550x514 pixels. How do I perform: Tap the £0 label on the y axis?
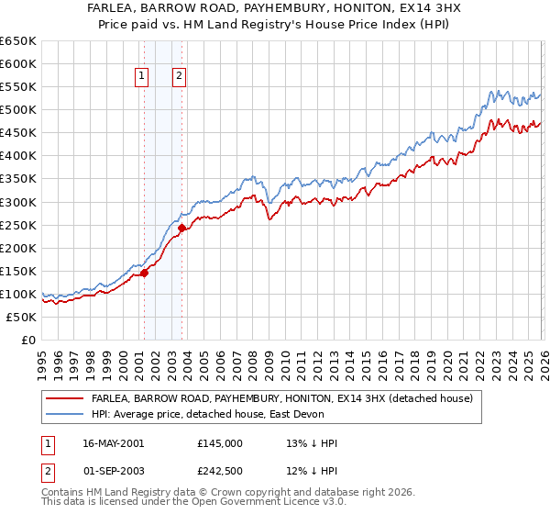point(28,340)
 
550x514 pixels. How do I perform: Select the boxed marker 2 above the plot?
point(179,77)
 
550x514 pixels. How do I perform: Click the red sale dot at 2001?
point(144,273)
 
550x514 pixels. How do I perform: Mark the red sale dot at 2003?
point(181,228)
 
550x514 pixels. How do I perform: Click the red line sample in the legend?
point(64,398)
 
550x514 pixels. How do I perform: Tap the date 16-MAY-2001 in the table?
point(114,443)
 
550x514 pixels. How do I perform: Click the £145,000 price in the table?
point(220,443)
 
